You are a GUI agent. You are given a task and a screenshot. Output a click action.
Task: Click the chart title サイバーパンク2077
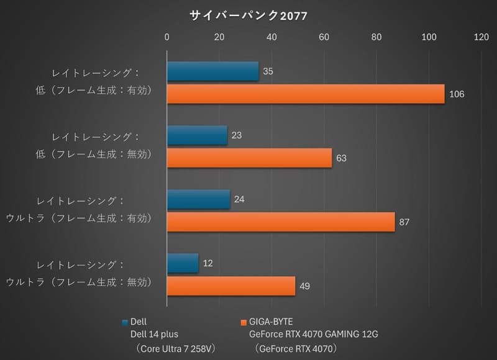(x=248, y=15)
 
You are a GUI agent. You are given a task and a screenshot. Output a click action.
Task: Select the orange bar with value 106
(x=306, y=94)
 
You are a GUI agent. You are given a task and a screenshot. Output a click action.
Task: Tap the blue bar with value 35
(x=212, y=71)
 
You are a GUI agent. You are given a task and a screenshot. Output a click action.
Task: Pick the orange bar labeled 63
(x=249, y=158)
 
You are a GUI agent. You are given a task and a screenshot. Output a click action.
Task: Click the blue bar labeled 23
(x=197, y=135)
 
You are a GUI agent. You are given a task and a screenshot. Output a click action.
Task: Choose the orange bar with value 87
(x=281, y=222)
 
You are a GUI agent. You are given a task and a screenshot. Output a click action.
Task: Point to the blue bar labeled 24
(x=198, y=199)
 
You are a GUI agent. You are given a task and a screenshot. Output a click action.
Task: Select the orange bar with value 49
(x=231, y=286)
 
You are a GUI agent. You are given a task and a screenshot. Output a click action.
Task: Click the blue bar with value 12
(x=183, y=263)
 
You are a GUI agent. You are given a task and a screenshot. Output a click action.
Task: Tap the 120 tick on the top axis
(x=481, y=37)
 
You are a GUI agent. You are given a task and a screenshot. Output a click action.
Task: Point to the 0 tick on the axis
(x=166, y=37)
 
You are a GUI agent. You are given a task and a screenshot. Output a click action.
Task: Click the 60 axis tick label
(x=324, y=37)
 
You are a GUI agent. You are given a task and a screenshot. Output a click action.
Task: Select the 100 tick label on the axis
(x=429, y=37)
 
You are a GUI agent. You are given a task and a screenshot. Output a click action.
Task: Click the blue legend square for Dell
(x=125, y=322)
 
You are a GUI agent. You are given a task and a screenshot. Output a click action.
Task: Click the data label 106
(x=457, y=94)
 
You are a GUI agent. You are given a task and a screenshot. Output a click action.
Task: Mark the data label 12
(x=208, y=263)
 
